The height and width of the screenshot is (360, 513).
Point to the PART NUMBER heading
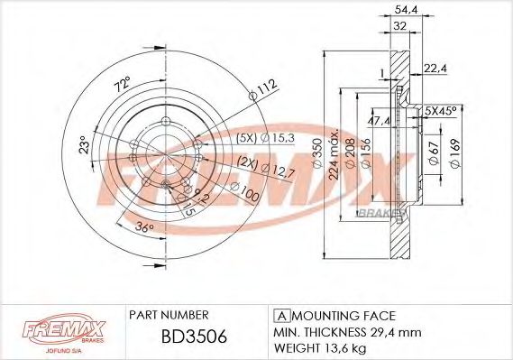(169, 315)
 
